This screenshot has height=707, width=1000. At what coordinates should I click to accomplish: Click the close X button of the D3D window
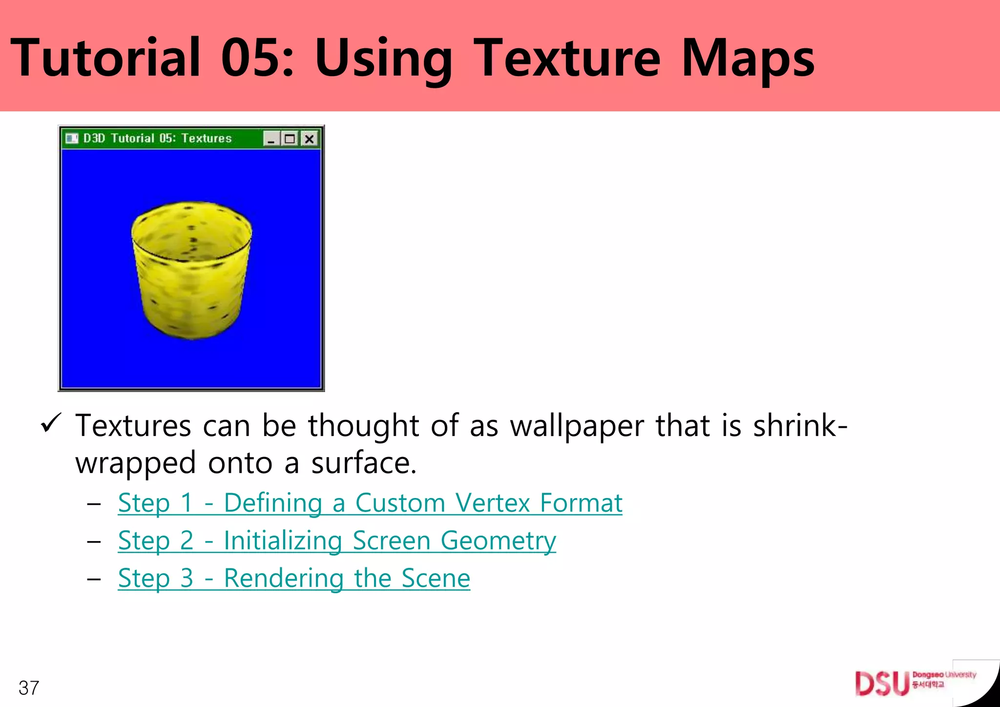(309, 139)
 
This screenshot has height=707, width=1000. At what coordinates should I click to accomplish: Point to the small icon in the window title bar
(72, 139)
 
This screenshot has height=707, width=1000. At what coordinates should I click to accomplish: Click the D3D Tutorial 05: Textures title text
(157, 139)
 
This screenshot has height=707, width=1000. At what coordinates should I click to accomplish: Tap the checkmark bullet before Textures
(51, 422)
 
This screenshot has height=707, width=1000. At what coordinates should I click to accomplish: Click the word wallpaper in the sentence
(577, 426)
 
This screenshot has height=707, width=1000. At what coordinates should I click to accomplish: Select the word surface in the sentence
(363, 463)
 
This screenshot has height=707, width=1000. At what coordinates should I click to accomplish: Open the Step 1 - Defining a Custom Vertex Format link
(370, 503)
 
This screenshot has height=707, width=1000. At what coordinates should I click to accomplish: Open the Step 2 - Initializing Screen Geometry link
(337, 541)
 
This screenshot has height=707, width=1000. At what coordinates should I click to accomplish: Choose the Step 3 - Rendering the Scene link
(294, 578)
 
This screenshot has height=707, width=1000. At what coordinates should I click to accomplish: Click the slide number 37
(29, 688)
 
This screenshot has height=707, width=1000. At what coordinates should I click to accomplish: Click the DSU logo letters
(881, 683)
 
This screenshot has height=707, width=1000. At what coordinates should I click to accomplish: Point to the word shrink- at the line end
(800, 426)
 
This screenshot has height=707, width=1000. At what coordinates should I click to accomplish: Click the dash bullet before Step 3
(94, 579)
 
